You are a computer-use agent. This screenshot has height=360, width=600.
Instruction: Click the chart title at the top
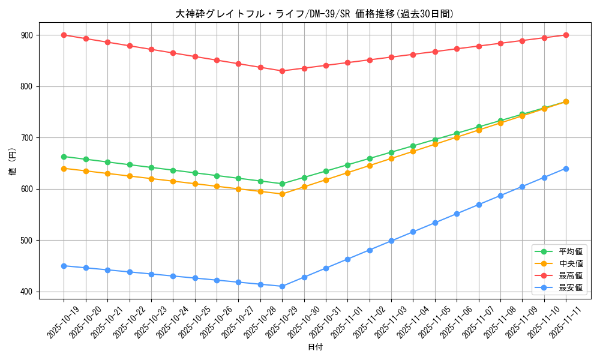[314, 14]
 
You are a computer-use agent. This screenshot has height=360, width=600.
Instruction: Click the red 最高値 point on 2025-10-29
[282, 71]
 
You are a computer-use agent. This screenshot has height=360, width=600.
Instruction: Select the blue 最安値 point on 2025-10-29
[282, 286]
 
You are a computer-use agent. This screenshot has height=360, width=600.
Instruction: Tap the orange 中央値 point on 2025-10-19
[64, 169]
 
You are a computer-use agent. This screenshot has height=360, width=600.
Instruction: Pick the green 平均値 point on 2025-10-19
[64, 157]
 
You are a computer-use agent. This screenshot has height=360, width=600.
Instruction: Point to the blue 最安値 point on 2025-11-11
[566, 169]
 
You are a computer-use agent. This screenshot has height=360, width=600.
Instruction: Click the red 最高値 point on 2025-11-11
[566, 35]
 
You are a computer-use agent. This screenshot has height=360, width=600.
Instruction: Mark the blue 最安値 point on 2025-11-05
[435, 223]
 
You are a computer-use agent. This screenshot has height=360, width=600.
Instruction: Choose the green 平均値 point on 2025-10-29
[282, 184]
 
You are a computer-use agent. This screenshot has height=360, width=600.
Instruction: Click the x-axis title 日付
[315, 347]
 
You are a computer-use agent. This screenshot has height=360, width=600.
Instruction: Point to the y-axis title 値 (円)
[13, 162]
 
